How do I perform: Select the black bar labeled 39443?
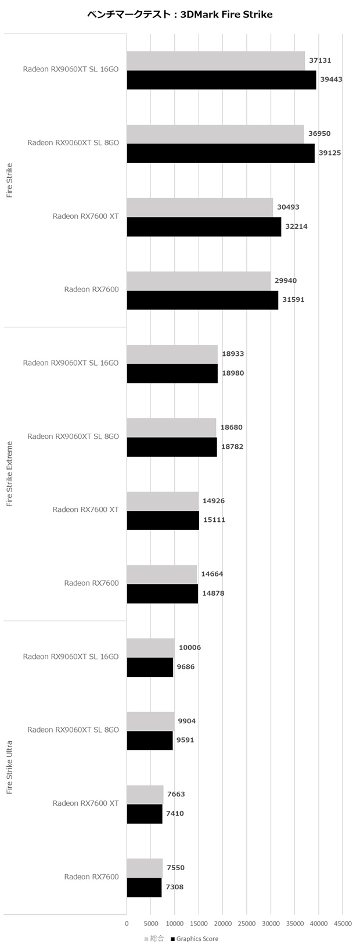221,80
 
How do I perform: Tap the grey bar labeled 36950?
215,134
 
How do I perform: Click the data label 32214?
296,226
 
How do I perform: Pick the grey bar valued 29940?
199,282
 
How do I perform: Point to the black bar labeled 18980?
172,374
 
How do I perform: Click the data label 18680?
232,428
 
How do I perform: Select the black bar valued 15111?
163,520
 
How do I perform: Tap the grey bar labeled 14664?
162,575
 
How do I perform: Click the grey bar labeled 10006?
151,648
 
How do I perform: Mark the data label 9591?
185,740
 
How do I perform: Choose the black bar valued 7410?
145,814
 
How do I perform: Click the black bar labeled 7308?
145,888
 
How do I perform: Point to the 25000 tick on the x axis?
247,924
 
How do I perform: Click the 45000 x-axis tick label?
343,924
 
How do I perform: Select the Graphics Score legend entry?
195,939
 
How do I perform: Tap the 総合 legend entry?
154,939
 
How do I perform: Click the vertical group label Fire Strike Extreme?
10,474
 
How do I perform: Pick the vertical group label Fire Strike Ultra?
10,767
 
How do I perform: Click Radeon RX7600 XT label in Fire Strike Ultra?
86,803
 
